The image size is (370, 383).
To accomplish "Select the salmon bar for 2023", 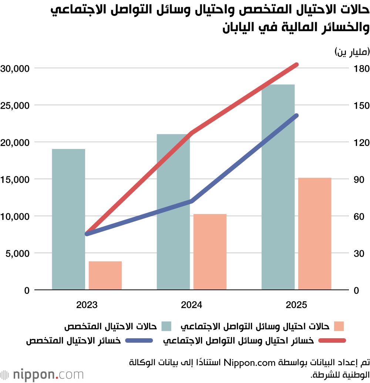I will (x=105, y=275).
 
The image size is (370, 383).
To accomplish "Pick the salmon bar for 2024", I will (x=210, y=252).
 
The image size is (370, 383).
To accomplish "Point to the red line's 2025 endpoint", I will (x=296, y=65).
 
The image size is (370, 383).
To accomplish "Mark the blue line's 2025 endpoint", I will (x=296, y=116).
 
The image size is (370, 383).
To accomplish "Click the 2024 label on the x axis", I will (x=192, y=305).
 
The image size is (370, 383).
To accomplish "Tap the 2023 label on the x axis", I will (x=87, y=305).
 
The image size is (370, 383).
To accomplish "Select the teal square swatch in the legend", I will (x=166, y=326).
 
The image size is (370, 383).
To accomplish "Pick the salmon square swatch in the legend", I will (x=339, y=326).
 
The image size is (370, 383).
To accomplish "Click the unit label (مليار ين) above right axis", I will (x=352, y=52).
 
